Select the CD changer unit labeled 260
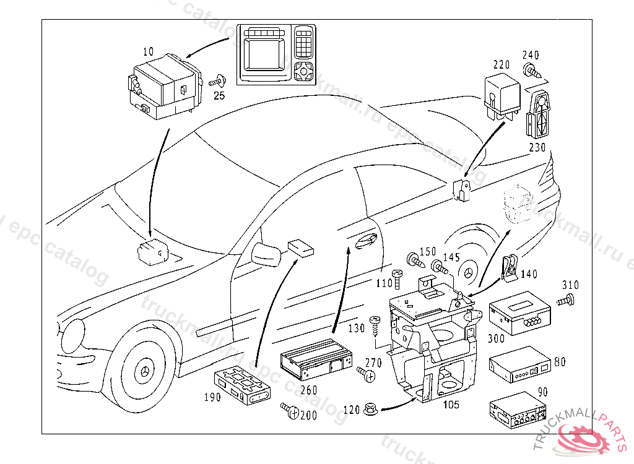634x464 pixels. (315, 361)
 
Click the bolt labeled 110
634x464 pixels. (397, 276)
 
